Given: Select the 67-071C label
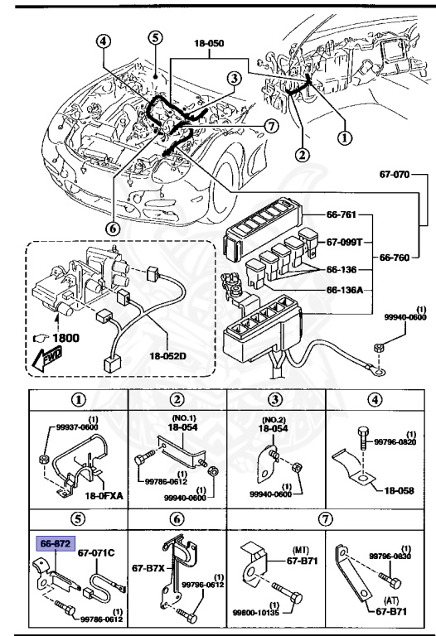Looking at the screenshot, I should (x=96, y=552).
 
